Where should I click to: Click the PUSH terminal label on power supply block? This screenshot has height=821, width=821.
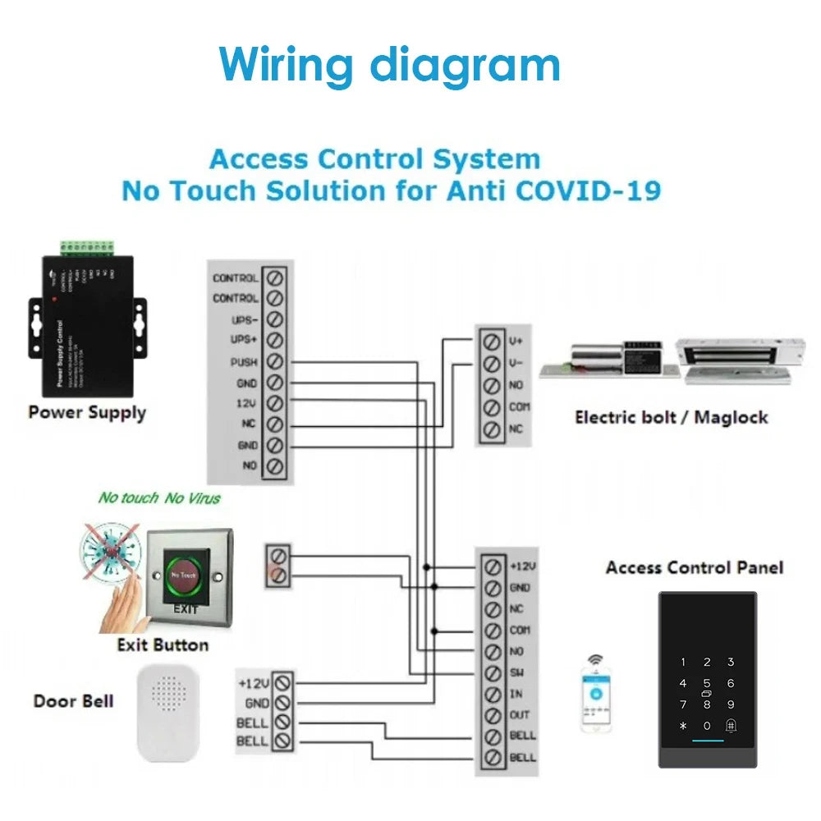click(244, 362)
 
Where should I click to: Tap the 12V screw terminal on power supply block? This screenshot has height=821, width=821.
click(276, 404)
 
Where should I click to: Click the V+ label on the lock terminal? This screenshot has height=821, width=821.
click(516, 341)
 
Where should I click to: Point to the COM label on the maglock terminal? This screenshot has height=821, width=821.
click(520, 407)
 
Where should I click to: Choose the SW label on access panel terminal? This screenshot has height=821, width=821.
click(517, 673)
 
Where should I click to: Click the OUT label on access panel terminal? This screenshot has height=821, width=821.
click(520, 715)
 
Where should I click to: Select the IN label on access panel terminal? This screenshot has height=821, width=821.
click(516, 695)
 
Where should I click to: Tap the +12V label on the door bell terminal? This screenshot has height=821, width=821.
click(254, 683)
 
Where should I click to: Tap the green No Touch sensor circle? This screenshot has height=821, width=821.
click(186, 575)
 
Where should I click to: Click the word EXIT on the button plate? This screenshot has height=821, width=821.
click(186, 609)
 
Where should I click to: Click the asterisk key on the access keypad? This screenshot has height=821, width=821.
click(683, 726)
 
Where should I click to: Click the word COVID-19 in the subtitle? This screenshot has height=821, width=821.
click(589, 190)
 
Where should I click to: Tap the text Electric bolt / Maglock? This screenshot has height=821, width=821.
click(672, 417)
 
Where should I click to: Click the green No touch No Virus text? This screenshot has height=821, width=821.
click(160, 498)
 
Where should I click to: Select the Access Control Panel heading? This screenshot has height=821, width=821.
click(695, 567)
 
